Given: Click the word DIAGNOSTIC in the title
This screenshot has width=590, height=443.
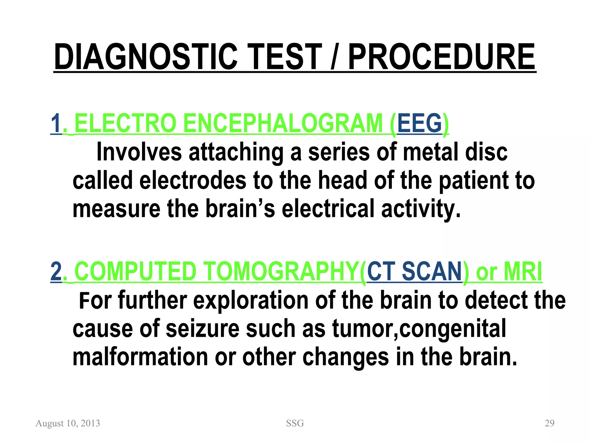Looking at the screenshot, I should (145, 57).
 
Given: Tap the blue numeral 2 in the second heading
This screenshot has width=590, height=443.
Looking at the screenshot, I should (56, 271).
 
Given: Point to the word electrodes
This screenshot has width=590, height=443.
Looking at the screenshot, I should (193, 181).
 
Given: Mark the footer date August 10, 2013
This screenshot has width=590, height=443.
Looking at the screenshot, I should (68, 423).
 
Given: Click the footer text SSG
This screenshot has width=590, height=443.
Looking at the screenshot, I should (295, 423).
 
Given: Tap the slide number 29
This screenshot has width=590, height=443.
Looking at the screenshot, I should (549, 423).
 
